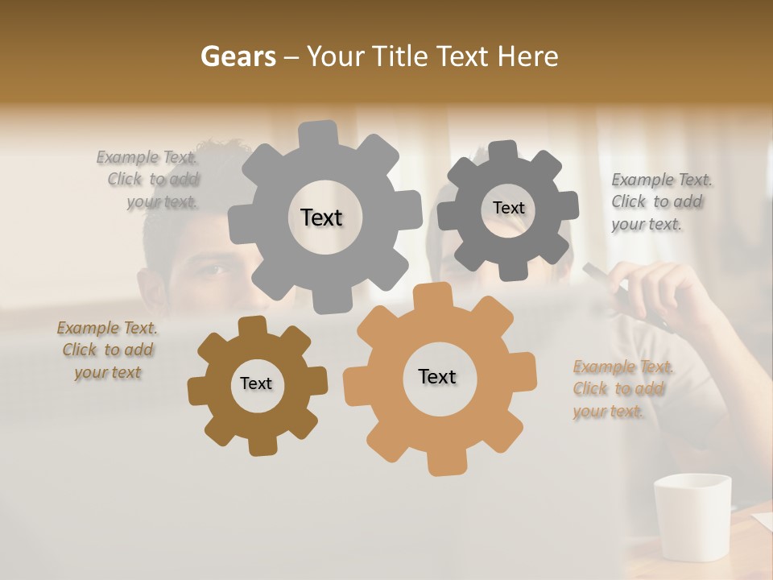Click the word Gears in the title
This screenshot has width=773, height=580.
(x=238, y=56)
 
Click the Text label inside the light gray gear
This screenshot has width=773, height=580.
(x=321, y=217)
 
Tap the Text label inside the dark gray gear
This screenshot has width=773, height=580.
(x=508, y=208)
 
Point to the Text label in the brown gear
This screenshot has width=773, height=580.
(x=256, y=383)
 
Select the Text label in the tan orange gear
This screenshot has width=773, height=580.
(x=437, y=376)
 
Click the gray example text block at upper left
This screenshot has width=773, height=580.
(x=149, y=180)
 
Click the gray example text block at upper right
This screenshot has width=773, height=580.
(x=660, y=201)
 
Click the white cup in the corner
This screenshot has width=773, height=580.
(x=692, y=516)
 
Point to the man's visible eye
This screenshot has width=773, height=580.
(x=212, y=271)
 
